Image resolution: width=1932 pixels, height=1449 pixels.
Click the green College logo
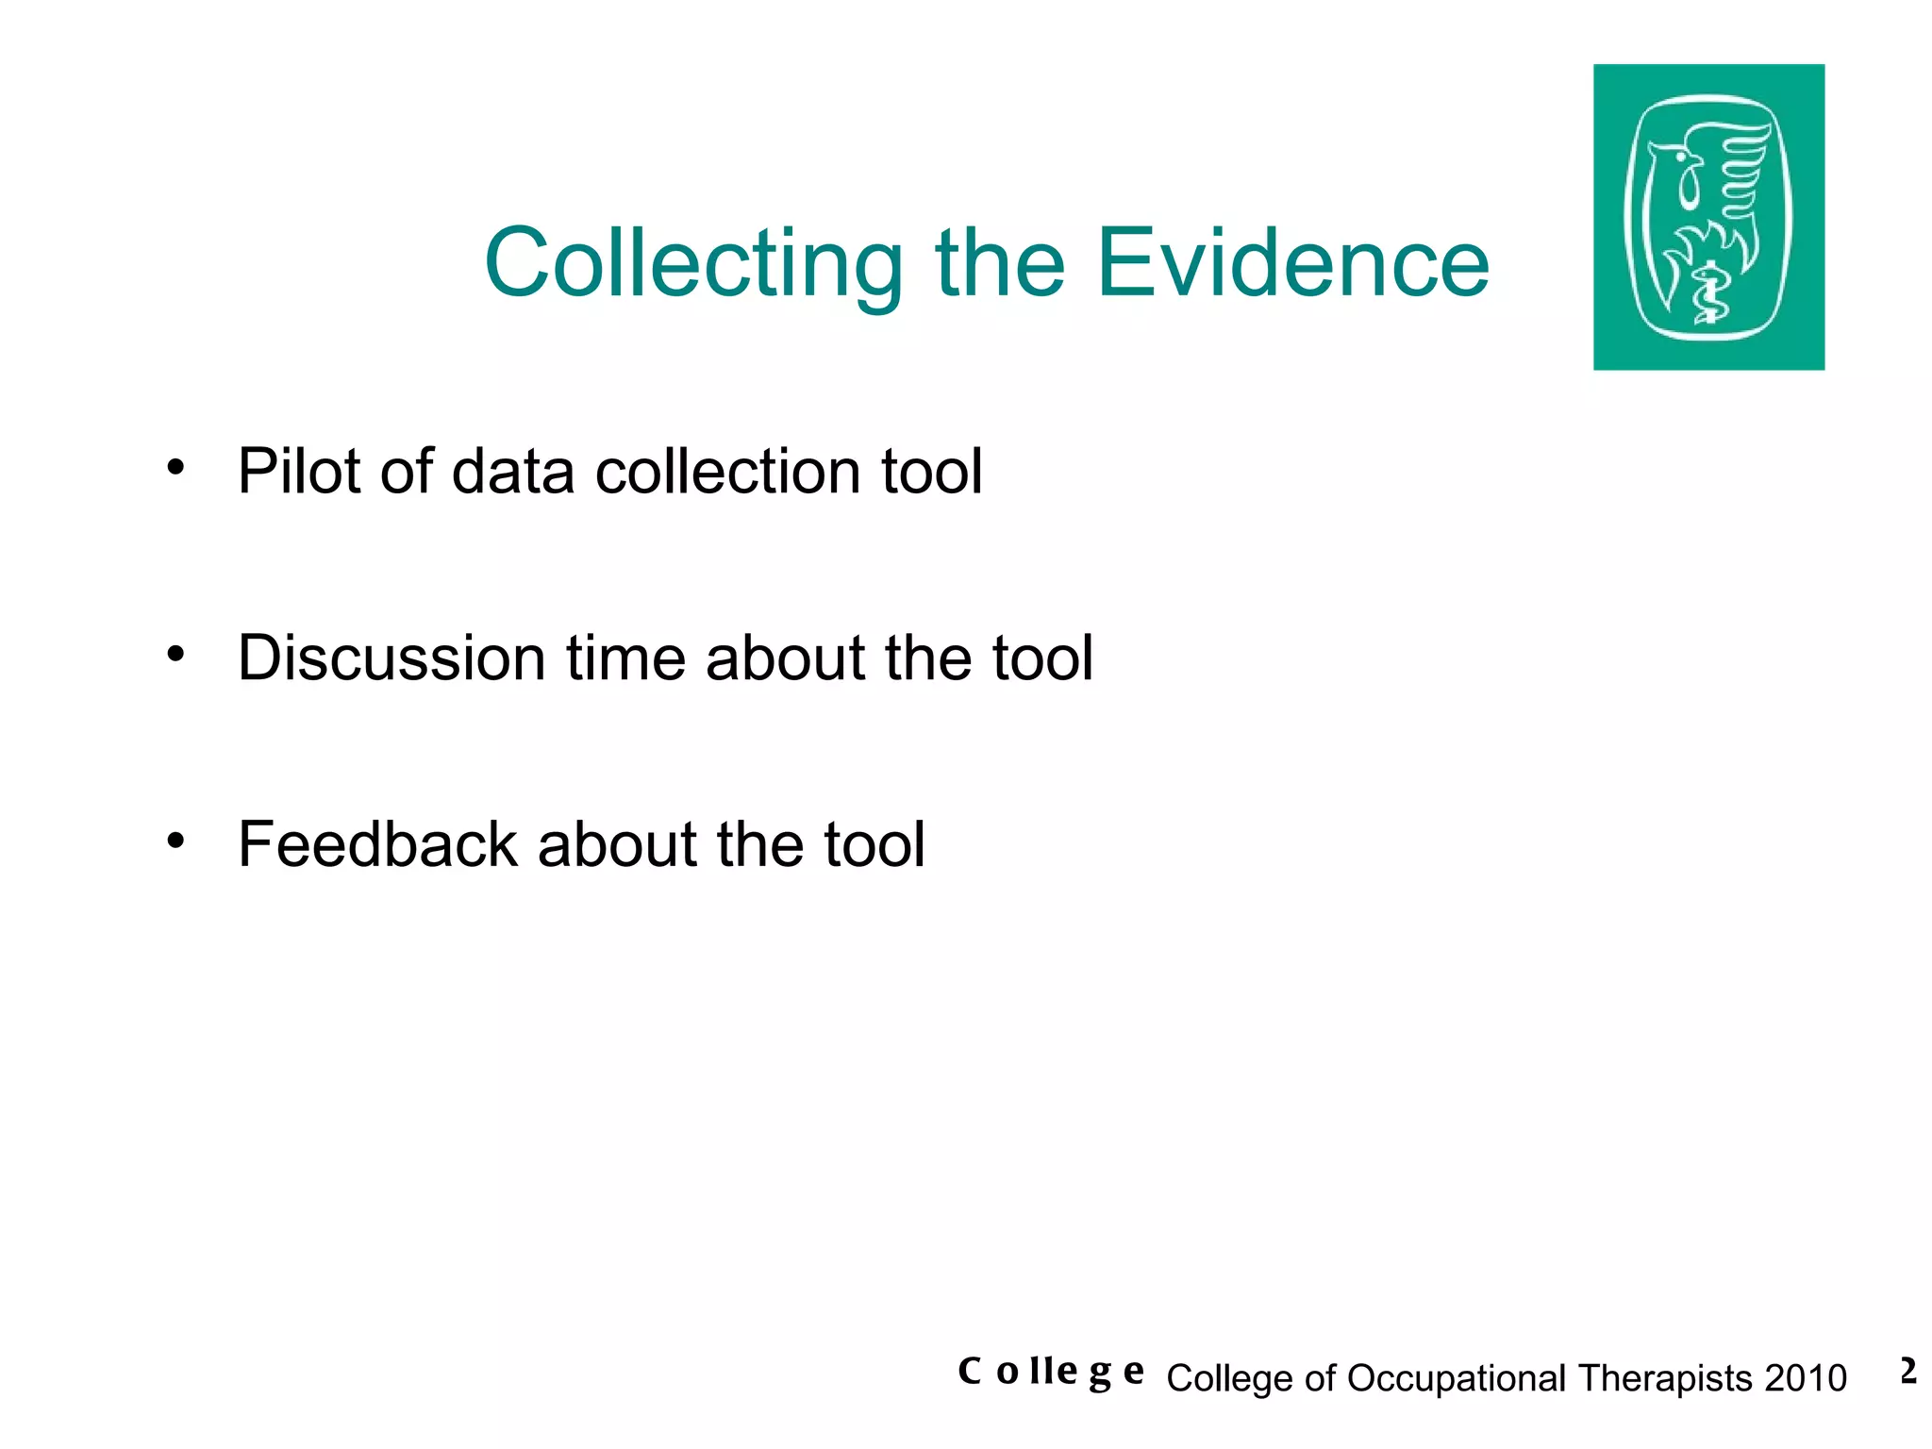[x=1708, y=217]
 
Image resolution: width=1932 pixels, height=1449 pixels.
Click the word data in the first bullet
[x=512, y=472]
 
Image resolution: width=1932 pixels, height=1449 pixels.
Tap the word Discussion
[x=391, y=658]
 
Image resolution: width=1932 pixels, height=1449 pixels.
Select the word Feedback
[x=377, y=843]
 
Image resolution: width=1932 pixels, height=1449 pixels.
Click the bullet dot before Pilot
[x=175, y=467]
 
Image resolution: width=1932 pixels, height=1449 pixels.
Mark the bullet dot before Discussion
[x=175, y=653]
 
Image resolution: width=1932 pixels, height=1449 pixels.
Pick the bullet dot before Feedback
[x=175, y=839]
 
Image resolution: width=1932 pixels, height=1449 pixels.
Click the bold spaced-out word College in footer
[x=1050, y=1372]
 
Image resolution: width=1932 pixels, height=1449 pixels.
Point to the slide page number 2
[x=1908, y=1371]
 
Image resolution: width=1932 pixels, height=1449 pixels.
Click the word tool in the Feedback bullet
[x=874, y=843]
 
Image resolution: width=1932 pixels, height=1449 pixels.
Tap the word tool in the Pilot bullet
[x=931, y=472]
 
